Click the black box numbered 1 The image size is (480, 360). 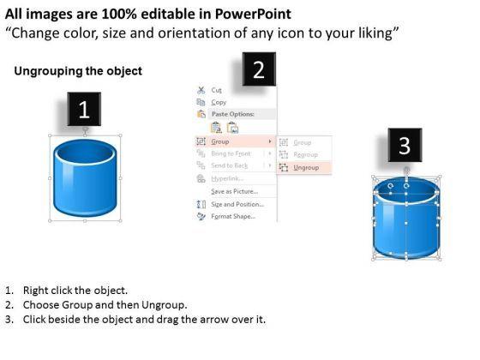[84, 110]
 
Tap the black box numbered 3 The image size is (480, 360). [405, 146]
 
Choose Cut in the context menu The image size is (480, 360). [216, 89]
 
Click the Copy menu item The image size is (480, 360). [219, 102]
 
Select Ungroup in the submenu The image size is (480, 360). [306, 168]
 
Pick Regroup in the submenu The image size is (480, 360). [306, 154]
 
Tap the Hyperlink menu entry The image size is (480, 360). [227, 178]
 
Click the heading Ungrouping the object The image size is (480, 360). [78, 71]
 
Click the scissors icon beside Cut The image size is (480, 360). [201, 89]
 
